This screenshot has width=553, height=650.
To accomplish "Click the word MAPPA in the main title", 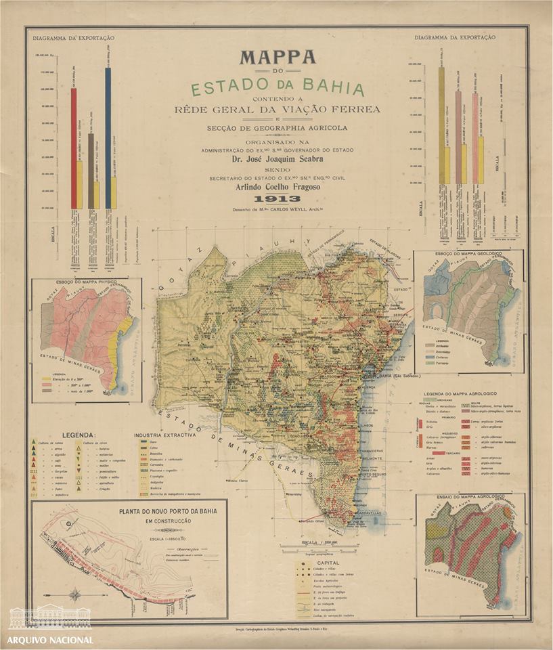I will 278,58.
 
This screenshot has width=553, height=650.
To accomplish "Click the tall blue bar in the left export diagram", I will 108,122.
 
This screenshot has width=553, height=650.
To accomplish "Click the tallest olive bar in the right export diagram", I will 441,115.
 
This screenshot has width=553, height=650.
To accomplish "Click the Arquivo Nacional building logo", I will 50,617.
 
